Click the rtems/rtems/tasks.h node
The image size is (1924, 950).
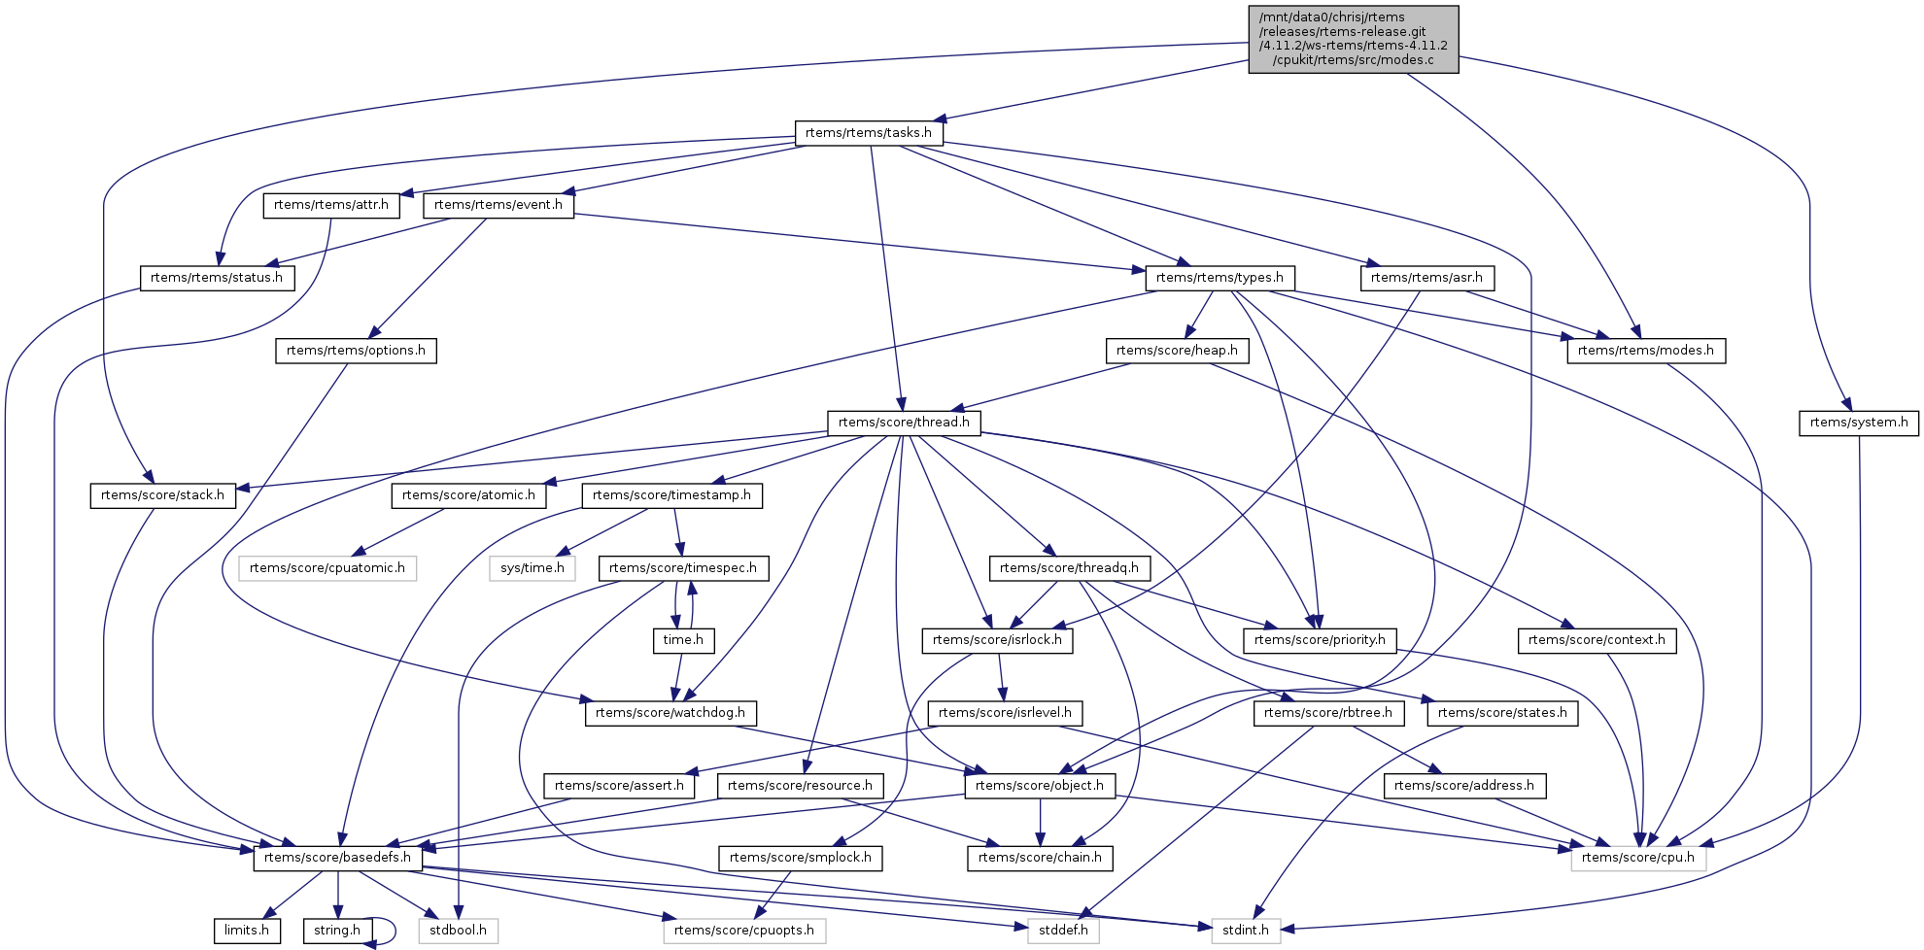(x=869, y=133)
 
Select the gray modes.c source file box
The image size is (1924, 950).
(x=1353, y=39)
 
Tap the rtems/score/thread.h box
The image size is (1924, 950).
(x=904, y=423)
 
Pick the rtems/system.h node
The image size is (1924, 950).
(x=1858, y=423)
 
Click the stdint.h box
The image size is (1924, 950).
(x=1246, y=931)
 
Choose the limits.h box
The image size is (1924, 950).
(x=247, y=931)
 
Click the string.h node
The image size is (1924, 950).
(x=337, y=931)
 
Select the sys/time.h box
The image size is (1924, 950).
(x=533, y=568)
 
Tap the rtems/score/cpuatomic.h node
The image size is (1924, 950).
(x=327, y=568)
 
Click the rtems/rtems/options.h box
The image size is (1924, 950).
(x=356, y=351)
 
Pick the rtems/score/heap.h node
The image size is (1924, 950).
(x=1177, y=351)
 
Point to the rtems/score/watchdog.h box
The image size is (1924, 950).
(x=670, y=713)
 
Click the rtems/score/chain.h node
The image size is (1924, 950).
(x=1040, y=858)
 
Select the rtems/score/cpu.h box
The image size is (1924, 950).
(x=1637, y=858)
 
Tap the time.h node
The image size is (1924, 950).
(x=683, y=640)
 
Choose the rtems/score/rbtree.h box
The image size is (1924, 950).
(x=1327, y=713)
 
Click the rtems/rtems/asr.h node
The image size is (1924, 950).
(x=1426, y=278)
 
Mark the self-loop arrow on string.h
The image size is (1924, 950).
(x=392, y=931)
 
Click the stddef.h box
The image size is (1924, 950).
(x=1063, y=931)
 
